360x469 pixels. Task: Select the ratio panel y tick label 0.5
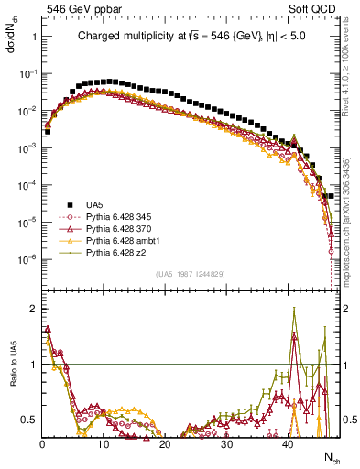[29, 420]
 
